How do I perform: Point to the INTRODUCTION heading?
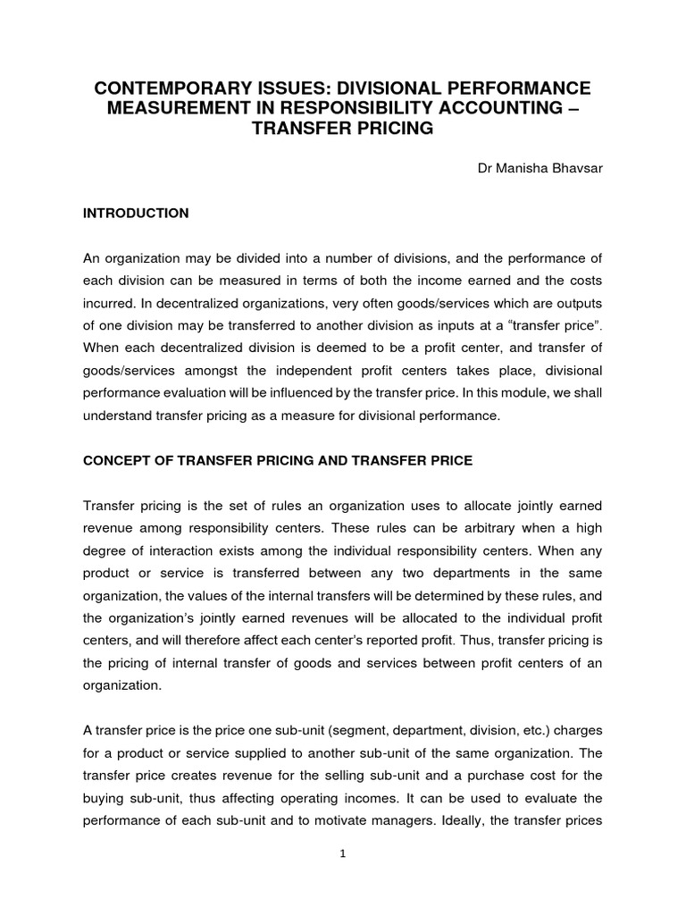pyautogui.click(x=136, y=214)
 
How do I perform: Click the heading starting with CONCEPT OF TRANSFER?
pyautogui.click(x=277, y=461)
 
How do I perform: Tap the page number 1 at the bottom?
pyautogui.click(x=342, y=853)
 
